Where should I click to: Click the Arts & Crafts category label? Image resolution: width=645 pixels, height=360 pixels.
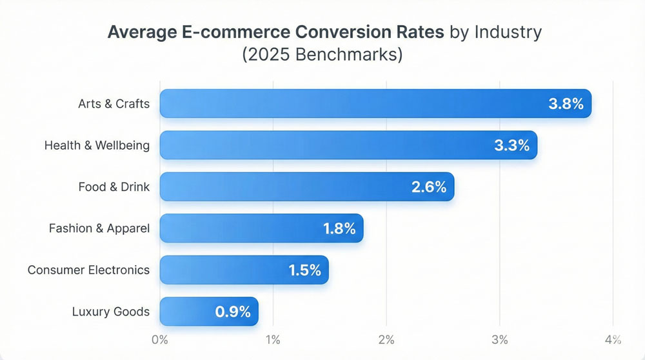tap(114, 104)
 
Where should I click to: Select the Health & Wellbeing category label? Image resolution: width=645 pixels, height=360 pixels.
tap(97, 145)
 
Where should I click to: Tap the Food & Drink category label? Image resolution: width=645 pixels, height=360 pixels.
tap(114, 187)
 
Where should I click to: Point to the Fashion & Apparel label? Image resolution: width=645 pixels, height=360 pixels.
tap(99, 228)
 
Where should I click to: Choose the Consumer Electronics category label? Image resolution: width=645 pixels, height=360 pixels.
tap(88, 270)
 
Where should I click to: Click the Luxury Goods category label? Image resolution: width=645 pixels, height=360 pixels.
tap(111, 312)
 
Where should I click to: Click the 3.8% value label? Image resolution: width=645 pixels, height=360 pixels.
tap(566, 104)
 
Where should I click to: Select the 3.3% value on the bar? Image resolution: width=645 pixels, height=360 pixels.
tap(511, 145)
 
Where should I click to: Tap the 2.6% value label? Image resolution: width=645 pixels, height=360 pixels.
tap(429, 187)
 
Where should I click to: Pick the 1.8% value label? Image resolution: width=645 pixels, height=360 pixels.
tap(339, 228)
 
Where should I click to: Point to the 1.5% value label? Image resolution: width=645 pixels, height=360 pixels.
tap(304, 270)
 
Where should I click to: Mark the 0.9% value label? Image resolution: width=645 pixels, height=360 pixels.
tap(233, 312)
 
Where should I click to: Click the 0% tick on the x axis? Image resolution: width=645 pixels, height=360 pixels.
tap(159, 340)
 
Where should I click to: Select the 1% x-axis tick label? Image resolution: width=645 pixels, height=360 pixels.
tap(273, 340)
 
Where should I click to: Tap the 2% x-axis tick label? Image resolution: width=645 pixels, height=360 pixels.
tap(386, 340)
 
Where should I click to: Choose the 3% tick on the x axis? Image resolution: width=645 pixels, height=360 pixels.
tap(500, 340)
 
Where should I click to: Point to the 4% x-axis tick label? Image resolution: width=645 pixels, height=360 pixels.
tap(613, 340)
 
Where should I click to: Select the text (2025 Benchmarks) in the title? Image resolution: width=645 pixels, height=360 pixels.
tap(322, 54)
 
